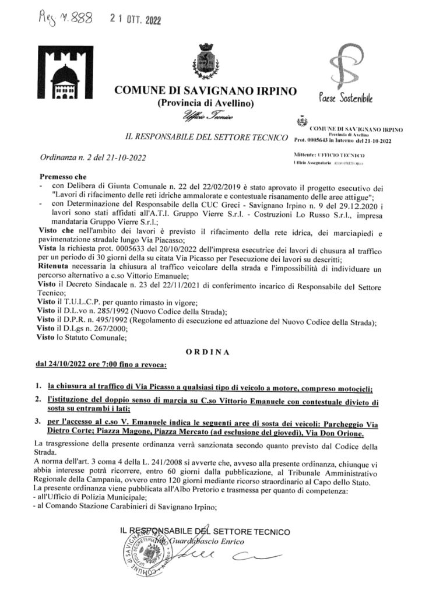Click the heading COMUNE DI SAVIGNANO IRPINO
click(206, 92)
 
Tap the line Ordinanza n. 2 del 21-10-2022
click(93, 157)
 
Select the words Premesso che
click(62, 176)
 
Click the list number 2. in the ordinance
click(37, 402)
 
